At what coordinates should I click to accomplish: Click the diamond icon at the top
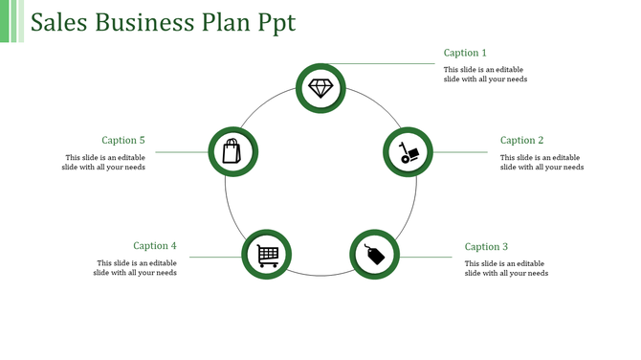tap(320, 88)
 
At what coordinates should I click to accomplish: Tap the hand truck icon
tap(409, 152)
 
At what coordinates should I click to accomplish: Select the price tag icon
tap(374, 254)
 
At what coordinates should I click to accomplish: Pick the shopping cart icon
tap(267, 255)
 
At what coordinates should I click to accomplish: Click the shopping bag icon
tap(232, 151)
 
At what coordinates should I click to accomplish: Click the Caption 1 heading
tap(465, 53)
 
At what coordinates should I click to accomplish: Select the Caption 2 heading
tap(521, 141)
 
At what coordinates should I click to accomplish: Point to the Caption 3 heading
tap(486, 246)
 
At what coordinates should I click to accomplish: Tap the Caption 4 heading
tap(155, 246)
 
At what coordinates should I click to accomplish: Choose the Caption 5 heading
tap(123, 141)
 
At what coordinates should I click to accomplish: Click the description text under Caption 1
tap(485, 74)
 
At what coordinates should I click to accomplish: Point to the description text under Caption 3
tap(506, 268)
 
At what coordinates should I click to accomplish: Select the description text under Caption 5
tap(105, 162)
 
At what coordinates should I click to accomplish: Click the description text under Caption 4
tap(135, 268)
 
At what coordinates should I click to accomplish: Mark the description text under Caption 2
tap(542, 162)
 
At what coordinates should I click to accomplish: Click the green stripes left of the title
tap(11, 21)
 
